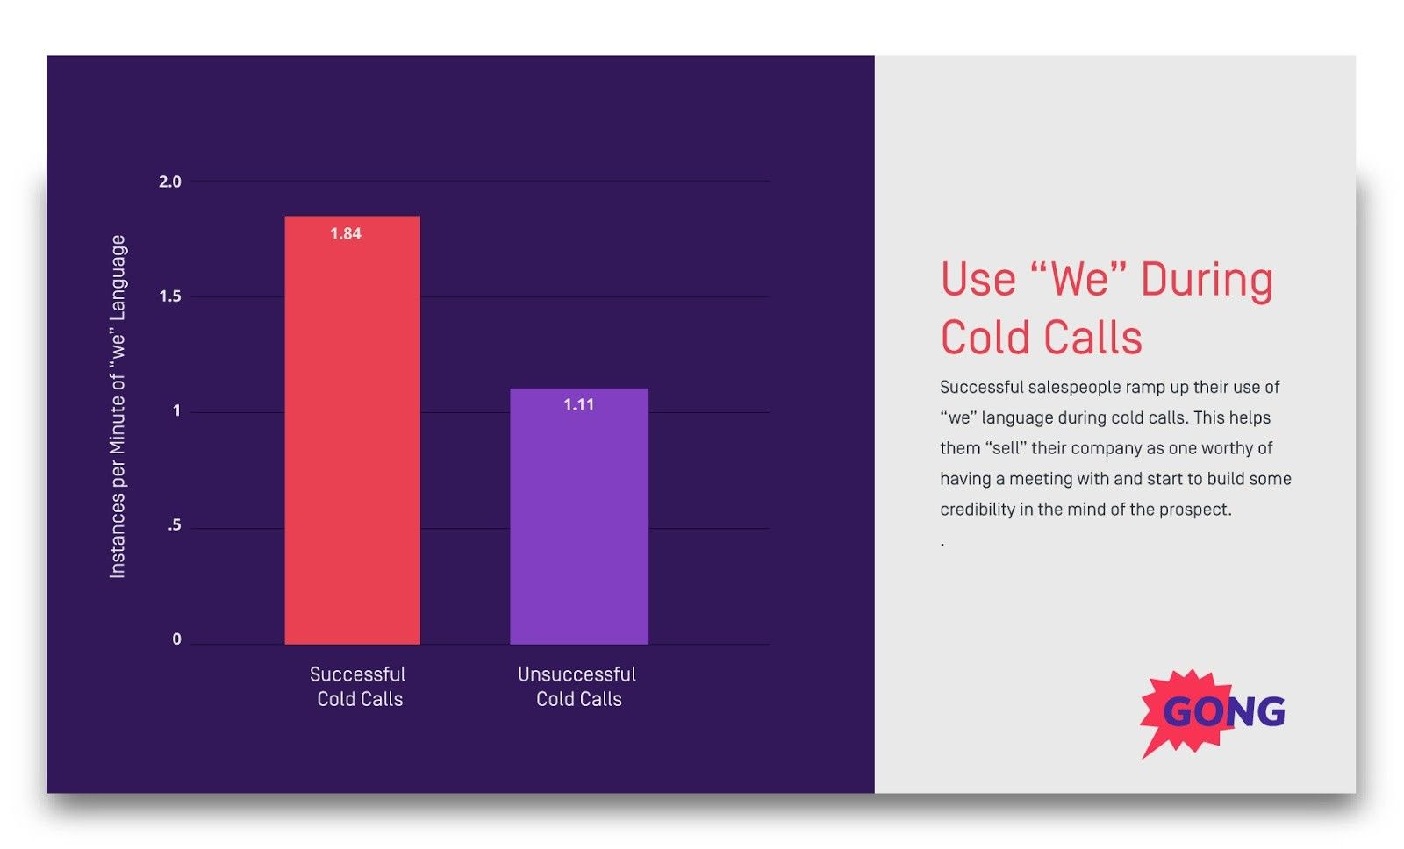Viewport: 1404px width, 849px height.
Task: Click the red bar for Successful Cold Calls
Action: click(352, 439)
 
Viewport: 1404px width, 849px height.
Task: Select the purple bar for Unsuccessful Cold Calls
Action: click(579, 526)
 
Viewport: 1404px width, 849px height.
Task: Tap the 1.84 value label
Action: click(346, 233)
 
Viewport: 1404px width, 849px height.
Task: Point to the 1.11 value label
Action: click(579, 404)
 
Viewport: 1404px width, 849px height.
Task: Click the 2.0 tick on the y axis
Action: click(169, 182)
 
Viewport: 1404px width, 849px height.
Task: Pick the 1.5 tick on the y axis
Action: click(169, 296)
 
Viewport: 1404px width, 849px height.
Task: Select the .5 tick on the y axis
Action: click(175, 525)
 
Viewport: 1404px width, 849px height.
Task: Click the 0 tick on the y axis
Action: click(176, 639)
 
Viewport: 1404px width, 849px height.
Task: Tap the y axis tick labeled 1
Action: click(176, 410)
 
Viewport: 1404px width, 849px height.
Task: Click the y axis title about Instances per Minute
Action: click(118, 406)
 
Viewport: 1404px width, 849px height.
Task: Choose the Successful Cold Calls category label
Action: click(358, 687)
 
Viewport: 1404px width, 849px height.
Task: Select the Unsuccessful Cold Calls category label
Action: click(577, 687)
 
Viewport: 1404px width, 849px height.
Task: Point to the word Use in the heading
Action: click(978, 280)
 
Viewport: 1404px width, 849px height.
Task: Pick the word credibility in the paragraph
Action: click(977, 510)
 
